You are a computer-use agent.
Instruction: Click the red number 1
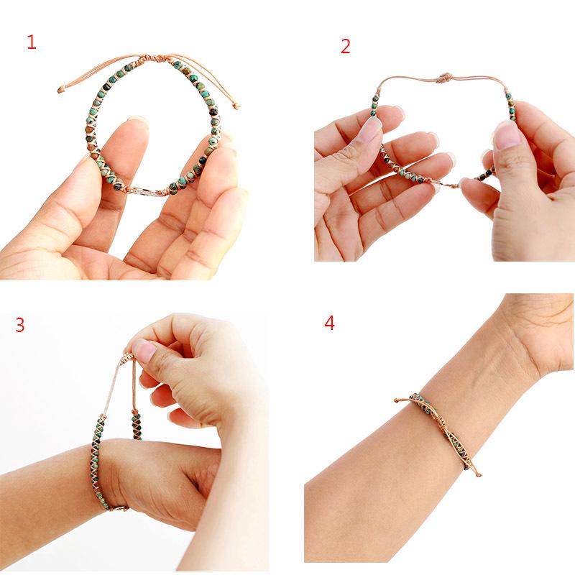pyautogui.click(x=31, y=42)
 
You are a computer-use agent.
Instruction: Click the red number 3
pyautogui.click(x=19, y=325)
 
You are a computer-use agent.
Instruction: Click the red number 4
pyautogui.click(x=329, y=323)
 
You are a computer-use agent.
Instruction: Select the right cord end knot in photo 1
pyautogui.click(x=236, y=106)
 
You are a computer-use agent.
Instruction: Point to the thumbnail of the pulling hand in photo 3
pyautogui.click(x=144, y=351)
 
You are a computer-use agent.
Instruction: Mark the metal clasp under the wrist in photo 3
pyautogui.click(x=119, y=507)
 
